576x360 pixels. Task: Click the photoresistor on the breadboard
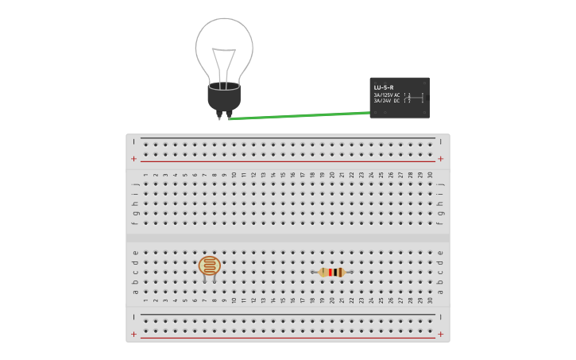point(210,265)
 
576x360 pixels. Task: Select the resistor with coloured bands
point(332,273)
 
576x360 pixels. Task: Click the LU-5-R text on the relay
point(384,87)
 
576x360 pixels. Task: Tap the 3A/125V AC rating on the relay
point(387,95)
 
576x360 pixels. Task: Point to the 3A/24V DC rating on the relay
point(387,101)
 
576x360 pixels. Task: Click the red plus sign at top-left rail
point(133,159)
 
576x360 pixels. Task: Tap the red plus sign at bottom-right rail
point(440,335)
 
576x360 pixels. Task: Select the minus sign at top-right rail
point(440,141)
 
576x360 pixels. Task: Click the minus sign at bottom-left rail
point(133,316)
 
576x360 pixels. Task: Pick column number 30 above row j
point(430,175)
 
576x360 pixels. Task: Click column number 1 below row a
point(145,300)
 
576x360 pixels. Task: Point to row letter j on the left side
point(135,184)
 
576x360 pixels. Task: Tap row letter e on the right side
point(440,253)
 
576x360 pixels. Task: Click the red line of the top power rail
point(286,161)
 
